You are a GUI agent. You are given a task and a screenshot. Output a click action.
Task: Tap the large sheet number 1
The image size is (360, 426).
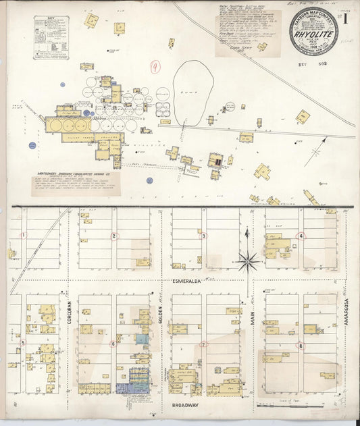coord(345,19)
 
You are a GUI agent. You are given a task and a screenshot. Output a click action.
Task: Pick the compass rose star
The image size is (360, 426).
coord(249,260)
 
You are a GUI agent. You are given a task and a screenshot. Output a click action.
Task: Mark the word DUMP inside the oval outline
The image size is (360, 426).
coord(192,93)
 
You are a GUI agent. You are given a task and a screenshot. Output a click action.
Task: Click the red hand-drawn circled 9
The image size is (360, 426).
coord(156,66)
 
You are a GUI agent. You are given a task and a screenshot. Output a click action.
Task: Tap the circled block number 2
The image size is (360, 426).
coord(114,236)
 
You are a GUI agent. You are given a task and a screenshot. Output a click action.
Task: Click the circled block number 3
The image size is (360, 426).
coord(203,236)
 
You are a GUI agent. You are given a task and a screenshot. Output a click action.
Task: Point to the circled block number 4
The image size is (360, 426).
coord(301,236)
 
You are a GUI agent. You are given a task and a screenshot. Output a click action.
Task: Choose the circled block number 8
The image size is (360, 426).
coord(301,346)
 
